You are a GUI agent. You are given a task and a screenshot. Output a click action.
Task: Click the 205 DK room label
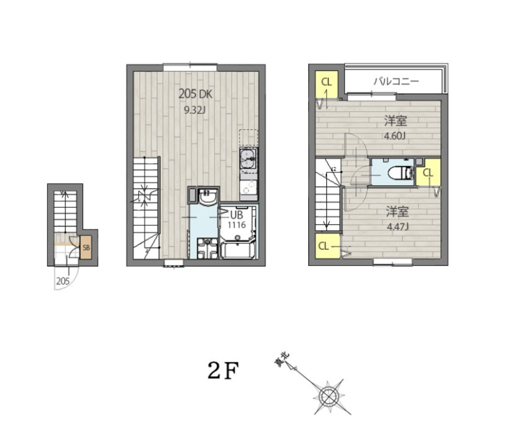[x=195, y=94]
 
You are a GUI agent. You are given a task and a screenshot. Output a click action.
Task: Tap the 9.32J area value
[x=195, y=110]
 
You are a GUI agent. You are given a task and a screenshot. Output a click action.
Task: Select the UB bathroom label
[x=236, y=214]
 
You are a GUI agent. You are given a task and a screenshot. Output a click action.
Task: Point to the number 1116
[x=237, y=225]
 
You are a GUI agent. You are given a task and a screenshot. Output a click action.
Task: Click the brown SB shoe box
[x=86, y=247]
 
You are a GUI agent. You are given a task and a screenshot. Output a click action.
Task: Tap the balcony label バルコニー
[x=396, y=81]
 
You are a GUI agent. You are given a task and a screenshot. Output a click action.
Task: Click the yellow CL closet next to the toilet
[x=428, y=172]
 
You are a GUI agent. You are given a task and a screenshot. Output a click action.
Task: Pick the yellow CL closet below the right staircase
[x=328, y=246]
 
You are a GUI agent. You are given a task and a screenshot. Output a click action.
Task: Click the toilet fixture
[x=400, y=173]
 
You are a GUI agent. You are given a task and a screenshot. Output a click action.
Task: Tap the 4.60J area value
[x=395, y=136]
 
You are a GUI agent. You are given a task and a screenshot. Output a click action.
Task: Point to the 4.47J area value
[x=397, y=227]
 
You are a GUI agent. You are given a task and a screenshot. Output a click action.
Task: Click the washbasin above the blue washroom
[x=208, y=197]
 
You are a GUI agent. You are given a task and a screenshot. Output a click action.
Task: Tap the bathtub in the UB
[x=237, y=250]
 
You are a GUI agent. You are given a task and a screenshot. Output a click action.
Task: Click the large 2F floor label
[x=223, y=371]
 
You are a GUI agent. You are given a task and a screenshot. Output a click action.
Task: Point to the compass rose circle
[x=328, y=396]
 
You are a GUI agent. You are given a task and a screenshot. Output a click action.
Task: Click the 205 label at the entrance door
[x=63, y=281]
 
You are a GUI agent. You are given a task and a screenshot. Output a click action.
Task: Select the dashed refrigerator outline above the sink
[x=249, y=138]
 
